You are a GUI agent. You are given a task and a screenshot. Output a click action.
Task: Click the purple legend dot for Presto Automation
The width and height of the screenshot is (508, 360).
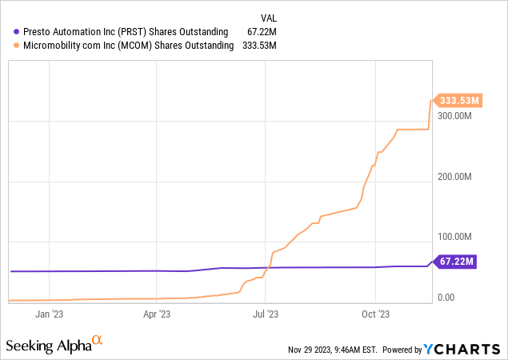coord(18,31)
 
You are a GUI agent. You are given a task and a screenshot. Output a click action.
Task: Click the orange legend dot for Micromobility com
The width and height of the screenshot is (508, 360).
coord(18,46)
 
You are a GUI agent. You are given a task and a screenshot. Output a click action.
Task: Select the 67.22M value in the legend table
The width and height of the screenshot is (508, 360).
coord(261,31)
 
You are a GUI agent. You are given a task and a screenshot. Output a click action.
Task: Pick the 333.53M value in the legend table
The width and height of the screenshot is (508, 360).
coord(258,46)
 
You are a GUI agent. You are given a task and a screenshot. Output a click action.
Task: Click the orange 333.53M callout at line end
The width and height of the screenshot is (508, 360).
coord(458,101)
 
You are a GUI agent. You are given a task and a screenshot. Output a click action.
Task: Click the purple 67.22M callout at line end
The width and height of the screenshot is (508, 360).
coord(456,261)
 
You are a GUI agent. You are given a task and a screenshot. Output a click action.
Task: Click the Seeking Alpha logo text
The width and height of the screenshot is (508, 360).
coord(47,346)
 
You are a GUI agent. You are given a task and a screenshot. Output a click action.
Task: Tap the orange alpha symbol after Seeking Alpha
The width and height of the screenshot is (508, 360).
coord(97,341)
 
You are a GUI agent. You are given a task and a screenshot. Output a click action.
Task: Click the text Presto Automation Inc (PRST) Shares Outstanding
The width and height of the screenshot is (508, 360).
coord(126,31)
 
